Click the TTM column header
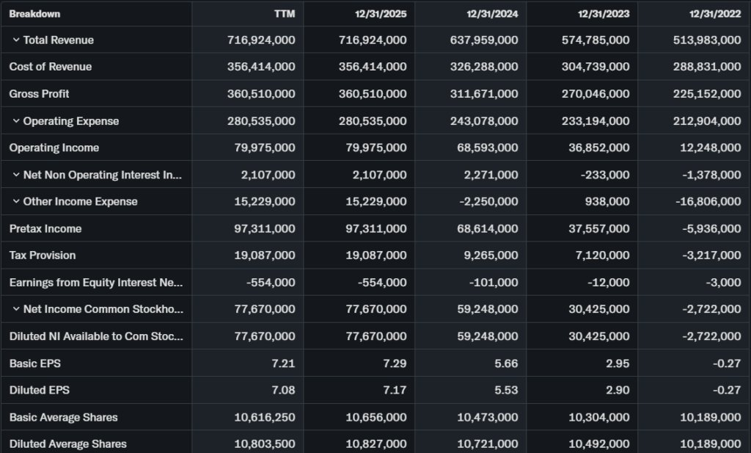click(x=285, y=14)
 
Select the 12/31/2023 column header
click(x=604, y=14)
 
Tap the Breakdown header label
click(x=34, y=14)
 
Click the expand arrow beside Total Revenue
click(x=16, y=40)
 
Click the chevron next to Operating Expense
click(x=16, y=121)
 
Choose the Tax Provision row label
click(x=43, y=256)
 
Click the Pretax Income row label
click(x=45, y=228)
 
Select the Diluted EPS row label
click(x=40, y=390)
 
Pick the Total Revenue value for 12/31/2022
click(x=707, y=40)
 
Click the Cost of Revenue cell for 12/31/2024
click(x=484, y=67)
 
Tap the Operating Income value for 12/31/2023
click(x=598, y=148)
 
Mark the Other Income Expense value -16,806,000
click(x=707, y=201)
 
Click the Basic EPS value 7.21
click(x=285, y=363)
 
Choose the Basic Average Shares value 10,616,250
click(x=265, y=417)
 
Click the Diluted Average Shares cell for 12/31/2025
click(x=376, y=444)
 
